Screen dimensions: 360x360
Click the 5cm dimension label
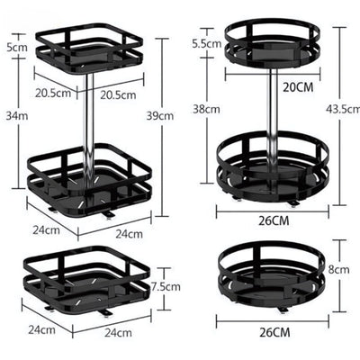[x=17, y=48]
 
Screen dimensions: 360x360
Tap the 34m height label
[x=17, y=116]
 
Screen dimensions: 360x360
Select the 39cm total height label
[x=160, y=116]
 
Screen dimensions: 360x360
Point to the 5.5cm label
[x=207, y=44]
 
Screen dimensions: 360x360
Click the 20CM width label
[x=298, y=87]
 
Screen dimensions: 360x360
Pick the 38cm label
[x=206, y=109]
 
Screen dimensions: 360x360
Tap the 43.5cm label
[x=343, y=109]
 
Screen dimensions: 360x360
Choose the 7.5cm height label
[x=166, y=287]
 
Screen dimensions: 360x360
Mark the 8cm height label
[x=338, y=269]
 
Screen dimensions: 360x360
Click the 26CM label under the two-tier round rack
[x=274, y=221]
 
